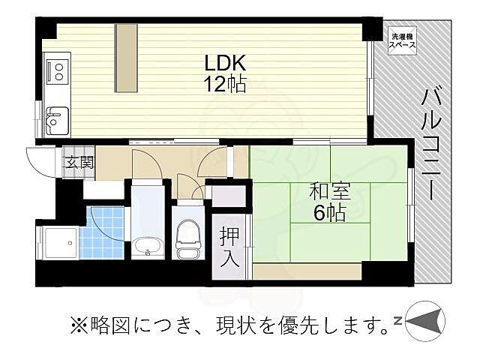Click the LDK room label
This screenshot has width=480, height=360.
pos(222,61)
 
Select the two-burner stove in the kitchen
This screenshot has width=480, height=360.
pos(57,71)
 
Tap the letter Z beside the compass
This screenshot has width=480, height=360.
pos(397,322)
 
